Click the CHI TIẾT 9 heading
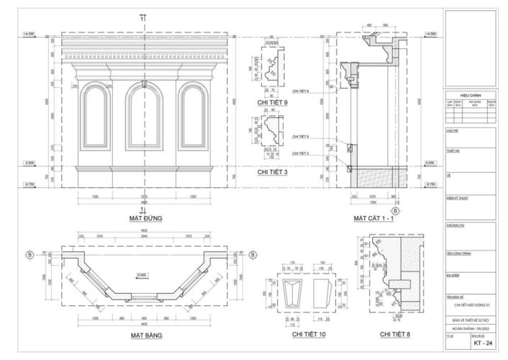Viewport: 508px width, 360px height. pos(273,103)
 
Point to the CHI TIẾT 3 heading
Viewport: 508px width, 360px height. pos(273,173)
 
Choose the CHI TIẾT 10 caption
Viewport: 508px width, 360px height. pos(308,335)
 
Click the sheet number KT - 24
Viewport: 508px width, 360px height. pos(482,343)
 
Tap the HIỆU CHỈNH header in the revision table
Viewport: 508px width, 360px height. pos(468,95)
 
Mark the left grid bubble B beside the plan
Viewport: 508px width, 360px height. pos(30,254)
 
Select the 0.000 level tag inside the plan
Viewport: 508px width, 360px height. pos(142,275)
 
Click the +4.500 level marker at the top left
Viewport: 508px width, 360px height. pos(30,34)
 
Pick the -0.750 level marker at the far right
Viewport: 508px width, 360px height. pos(430,185)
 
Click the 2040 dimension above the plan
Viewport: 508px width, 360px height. pos(147,235)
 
